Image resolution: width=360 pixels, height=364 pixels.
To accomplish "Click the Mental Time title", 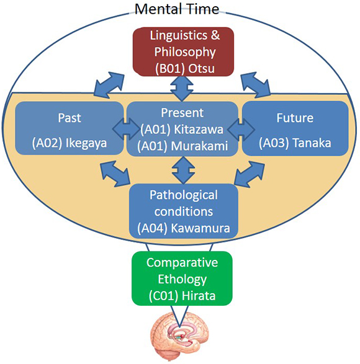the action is pos(177,9).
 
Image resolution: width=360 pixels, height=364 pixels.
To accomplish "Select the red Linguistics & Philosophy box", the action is pos(183,51).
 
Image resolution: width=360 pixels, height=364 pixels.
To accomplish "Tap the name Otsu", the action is pos(201,68).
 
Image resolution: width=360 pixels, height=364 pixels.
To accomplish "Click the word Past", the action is pos(70,118).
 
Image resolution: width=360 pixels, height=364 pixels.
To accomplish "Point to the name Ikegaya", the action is pos(86,143).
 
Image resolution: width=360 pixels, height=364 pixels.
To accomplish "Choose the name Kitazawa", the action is pos(199,130).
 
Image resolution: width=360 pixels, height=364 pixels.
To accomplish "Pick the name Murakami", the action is pos(199,146).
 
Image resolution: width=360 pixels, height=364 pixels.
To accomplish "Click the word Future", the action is pos(295,118).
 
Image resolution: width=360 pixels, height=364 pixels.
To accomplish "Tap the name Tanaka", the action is pos(312,143).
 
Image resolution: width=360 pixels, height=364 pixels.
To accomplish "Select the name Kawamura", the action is pos(200,228).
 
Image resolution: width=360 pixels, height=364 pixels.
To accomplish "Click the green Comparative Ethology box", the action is pos(182,278).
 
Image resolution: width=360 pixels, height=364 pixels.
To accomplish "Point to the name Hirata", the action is pos(199,296).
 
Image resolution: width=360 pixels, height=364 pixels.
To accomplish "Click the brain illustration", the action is pos(179,336).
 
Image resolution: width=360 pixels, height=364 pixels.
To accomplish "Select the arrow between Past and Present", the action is pos(126,129).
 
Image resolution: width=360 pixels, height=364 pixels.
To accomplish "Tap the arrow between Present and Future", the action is pos(241,130).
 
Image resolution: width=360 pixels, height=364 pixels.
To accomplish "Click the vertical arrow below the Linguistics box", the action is pos(182,89).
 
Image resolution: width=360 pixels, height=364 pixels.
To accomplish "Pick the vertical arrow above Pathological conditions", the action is pos(183,170).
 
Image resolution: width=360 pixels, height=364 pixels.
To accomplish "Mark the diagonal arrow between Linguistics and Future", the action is pos(256,84).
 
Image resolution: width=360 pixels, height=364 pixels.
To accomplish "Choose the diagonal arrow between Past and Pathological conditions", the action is pos(115,174).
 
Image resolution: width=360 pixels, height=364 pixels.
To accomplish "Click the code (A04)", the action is pos(153,229).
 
